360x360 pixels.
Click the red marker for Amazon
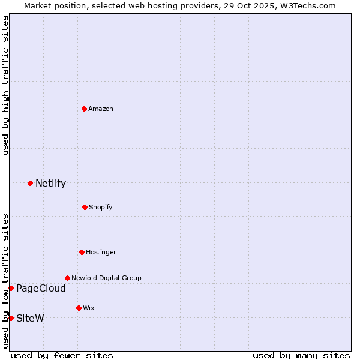(84, 109)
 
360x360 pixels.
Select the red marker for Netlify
(30, 183)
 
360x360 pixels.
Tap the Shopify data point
(85, 207)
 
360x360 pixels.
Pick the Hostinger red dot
(82, 252)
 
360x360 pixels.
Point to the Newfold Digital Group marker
(67, 278)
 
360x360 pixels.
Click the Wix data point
(79, 308)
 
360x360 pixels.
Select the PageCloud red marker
(11, 289)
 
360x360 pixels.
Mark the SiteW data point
(11, 318)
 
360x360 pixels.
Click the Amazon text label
(101, 109)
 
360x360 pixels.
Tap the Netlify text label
(50, 184)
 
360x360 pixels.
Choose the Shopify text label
(101, 207)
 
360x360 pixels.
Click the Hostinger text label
(101, 252)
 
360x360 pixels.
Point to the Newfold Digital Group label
(106, 278)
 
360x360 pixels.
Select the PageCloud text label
(41, 289)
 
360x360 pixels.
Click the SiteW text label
(30, 318)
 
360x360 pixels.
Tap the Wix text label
(89, 308)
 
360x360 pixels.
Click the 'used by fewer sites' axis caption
(62, 355)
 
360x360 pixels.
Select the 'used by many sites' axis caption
(301, 355)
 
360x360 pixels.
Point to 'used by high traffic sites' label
(5, 85)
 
